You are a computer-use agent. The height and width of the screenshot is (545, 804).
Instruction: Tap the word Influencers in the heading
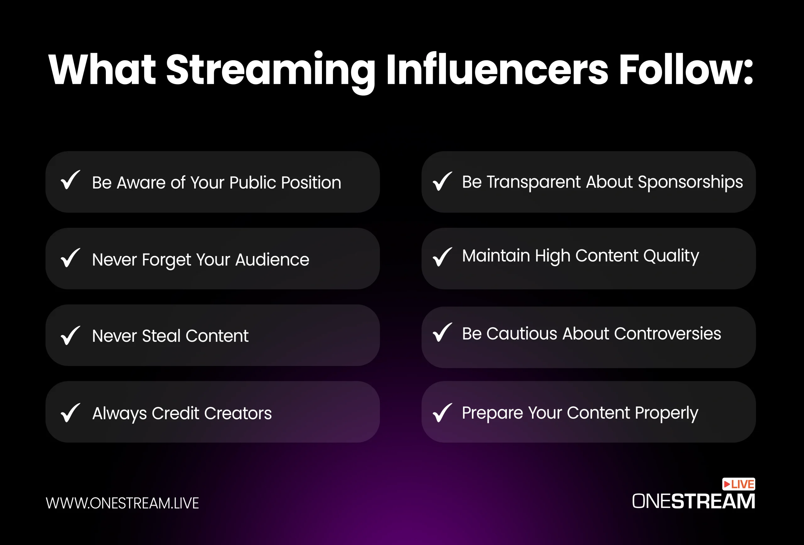(497, 69)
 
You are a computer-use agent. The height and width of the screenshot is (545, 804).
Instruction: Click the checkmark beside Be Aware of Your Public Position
(70, 180)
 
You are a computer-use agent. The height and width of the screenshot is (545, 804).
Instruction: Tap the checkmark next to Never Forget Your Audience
(70, 258)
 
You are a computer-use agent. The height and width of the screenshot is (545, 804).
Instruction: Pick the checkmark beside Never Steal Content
(70, 335)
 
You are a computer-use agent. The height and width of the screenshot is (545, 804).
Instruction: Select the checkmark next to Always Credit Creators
(70, 412)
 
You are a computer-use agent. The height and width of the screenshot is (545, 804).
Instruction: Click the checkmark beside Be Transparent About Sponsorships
(443, 181)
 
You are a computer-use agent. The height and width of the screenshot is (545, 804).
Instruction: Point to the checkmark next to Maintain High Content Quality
(443, 257)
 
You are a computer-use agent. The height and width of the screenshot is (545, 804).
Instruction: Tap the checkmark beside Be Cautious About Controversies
(443, 332)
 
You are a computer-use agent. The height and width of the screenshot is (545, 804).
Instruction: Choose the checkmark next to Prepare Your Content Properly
(443, 412)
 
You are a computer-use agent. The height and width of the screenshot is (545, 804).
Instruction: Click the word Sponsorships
(690, 183)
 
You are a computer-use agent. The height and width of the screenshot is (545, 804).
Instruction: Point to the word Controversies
(667, 334)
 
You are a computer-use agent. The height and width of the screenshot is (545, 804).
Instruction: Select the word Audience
(272, 259)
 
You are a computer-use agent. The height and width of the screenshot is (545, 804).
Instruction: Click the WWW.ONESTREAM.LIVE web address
(122, 503)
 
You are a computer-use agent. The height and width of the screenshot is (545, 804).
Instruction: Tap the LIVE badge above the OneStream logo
(739, 484)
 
